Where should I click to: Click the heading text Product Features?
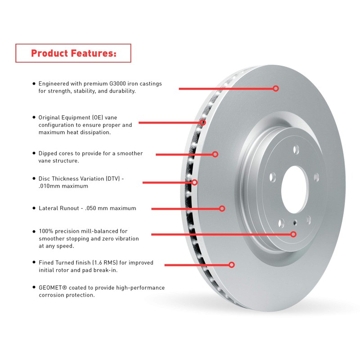[73, 53]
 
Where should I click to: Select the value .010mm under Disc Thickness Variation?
[51, 186]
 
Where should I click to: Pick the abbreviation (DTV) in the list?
[113, 179]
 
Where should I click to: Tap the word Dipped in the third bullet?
[48, 153]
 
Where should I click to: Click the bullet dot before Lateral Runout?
[34, 208]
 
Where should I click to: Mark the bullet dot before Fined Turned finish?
[34, 262]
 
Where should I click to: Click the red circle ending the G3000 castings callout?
[276, 89]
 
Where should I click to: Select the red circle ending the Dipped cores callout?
[215, 154]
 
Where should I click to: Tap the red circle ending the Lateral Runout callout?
[222, 208]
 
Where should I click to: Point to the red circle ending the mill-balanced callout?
[293, 234]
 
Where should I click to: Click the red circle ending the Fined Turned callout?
[232, 265]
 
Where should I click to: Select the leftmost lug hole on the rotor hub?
[273, 176]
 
